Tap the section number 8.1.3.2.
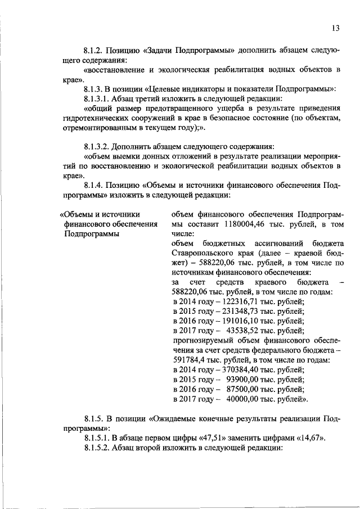(99, 145)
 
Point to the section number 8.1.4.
(94, 185)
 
